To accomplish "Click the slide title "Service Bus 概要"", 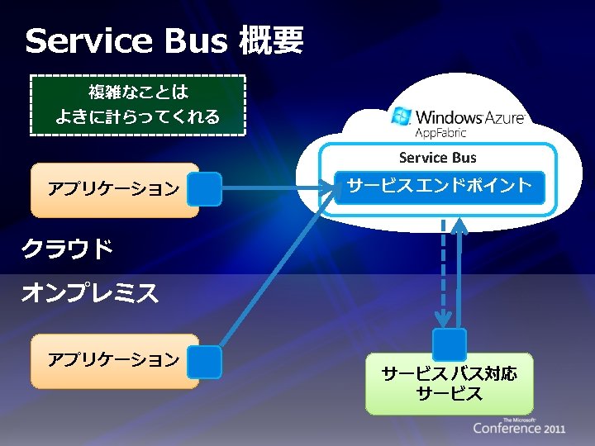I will pyautogui.click(x=164, y=40).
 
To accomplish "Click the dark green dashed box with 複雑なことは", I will pyautogui.click(x=138, y=104).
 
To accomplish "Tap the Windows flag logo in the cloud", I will pyautogui.click(x=402, y=117).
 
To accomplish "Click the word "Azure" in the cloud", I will pyautogui.click(x=499, y=118).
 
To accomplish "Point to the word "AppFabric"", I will pyautogui.click(x=440, y=132).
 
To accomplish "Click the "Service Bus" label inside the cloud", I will pyautogui.click(x=437, y=158).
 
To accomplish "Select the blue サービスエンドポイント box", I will pyautogui.click(x=439, y=187).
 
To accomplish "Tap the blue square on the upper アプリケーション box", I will pyautogui.click(x=204, y=188).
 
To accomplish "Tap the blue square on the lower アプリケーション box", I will pyautogui.click(x=204, y=362).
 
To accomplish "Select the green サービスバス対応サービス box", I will pyautogui.click(x=450, y=384).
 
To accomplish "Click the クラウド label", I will pyautogui.click(x=66, y=248).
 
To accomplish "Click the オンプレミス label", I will pyautogui.click(x=89, y=292).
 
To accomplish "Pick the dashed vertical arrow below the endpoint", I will pyautogui.click(x=444, y=273).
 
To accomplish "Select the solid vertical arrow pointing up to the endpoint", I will pyautogui.click(x=459, y=273).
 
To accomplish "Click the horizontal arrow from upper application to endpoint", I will pyautogui.click(x=273, y=188).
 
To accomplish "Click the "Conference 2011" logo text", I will pyautogui.click(x=519, y=428).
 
